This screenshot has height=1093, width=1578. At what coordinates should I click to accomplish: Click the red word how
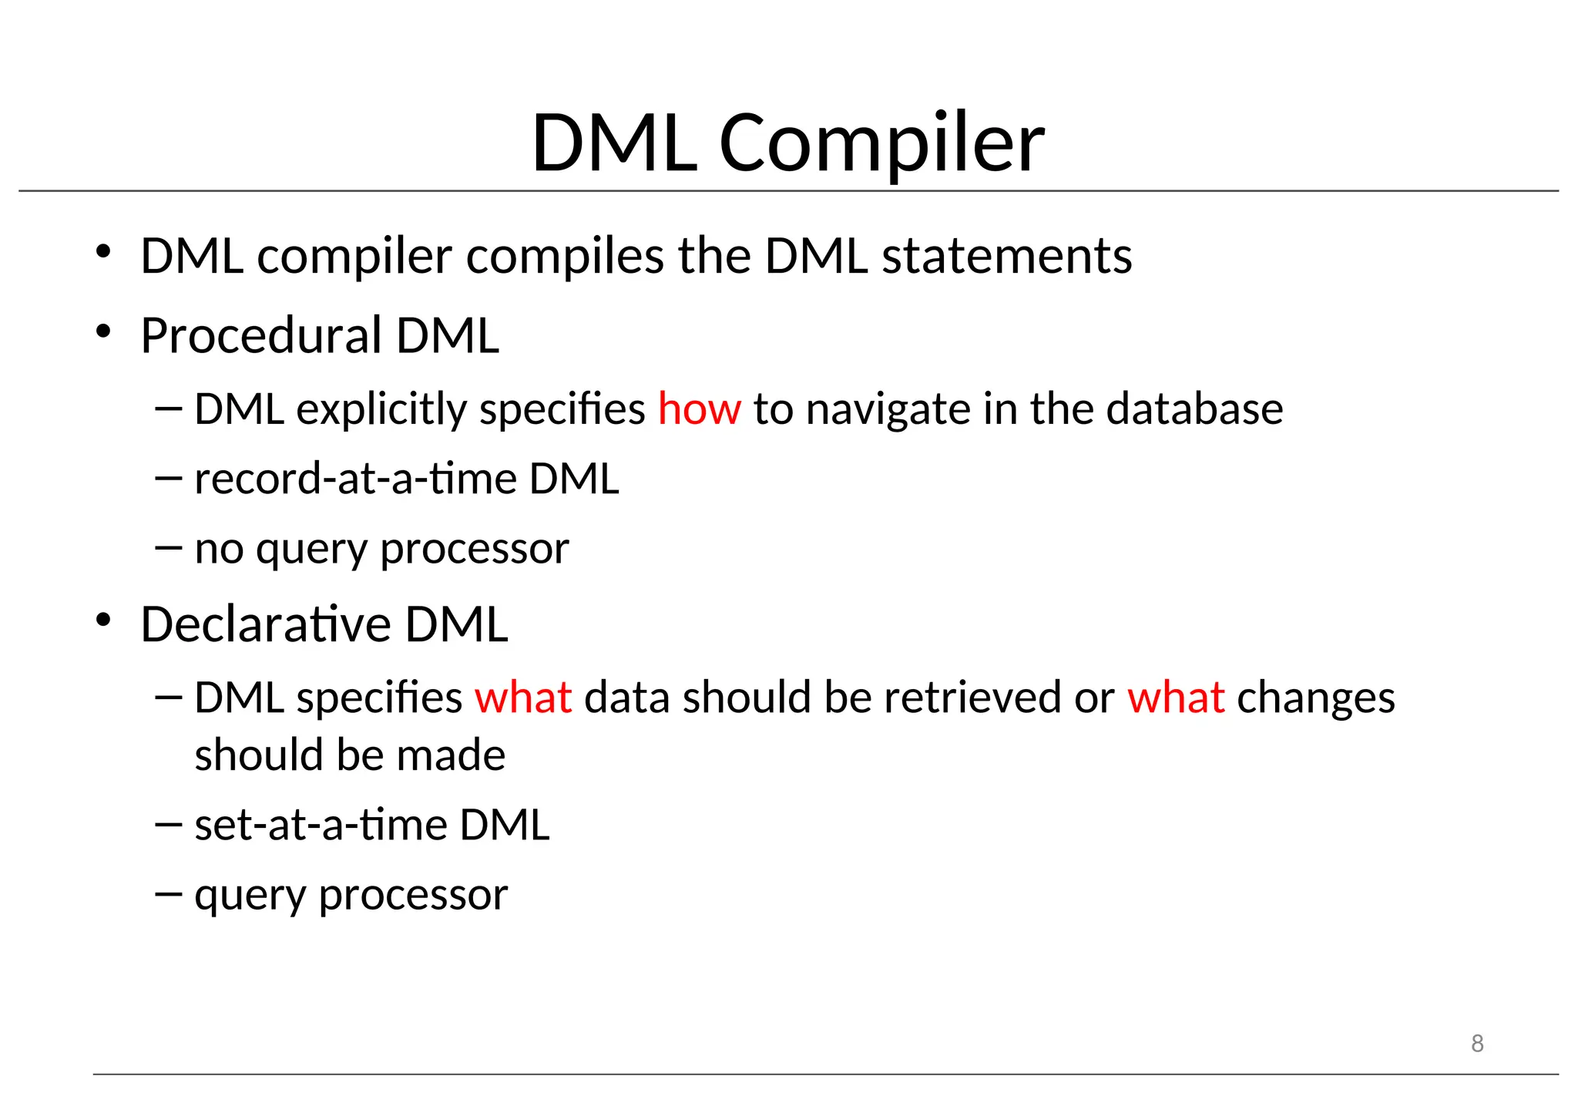click(x=699, y=409)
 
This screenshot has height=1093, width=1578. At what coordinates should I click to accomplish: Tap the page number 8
click(x=1476, y=1044)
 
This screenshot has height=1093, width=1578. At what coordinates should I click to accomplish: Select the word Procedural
click(x=261, y=336)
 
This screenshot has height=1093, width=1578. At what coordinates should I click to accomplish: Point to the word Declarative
click(x=266, y=624)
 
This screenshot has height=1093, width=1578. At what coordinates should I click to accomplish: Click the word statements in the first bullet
click(x=1006, y=256)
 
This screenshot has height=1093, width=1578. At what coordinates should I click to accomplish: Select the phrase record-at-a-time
click(x=355, y=479)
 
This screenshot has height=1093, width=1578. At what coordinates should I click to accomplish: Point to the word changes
click(x=1315, y=698)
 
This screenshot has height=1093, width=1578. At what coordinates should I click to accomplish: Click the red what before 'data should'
click(x=523, y=698)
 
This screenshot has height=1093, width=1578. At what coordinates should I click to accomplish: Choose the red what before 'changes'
click(x=1176, y=698)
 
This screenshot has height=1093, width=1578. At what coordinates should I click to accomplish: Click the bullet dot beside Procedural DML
click(x=103, y=333)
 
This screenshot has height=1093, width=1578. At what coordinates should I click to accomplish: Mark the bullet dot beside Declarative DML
click(x=103, y=620)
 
